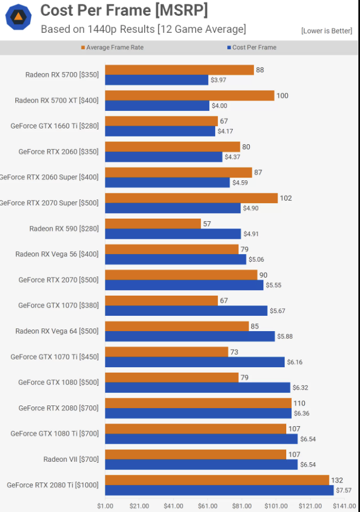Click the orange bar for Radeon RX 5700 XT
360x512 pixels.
pyautogui.click(x=190, y=96)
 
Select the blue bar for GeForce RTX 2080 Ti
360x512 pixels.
pyautogui.click(x=219, y=490)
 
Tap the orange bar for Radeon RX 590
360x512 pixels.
pyautogui.click(x=153, y=223)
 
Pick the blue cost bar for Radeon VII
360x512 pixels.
pyautogui.click(x=201, y=464)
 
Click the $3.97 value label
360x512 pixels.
pyautogui.click(x=218, y=80)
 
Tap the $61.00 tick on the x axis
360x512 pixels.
pyautogui.click(x=208, y=506)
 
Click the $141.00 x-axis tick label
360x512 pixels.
pyautogui.click(x=344, y=506)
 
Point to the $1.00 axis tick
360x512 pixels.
pyautogui.click(x=105, y=506)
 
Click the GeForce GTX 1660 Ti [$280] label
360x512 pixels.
pyautogui.click(x=55, y=126)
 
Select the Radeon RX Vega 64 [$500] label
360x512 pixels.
pyautogui.click(x=57, y=331)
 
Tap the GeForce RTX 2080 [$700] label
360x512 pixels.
pyautogui.click(x=58, y=408)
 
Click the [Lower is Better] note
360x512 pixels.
pyautogui.click(x=327, y=31)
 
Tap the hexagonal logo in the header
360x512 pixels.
pyautogui.click(x=18, y=17)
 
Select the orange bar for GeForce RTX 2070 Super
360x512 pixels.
pyautogui.click(x=191, y=198)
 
